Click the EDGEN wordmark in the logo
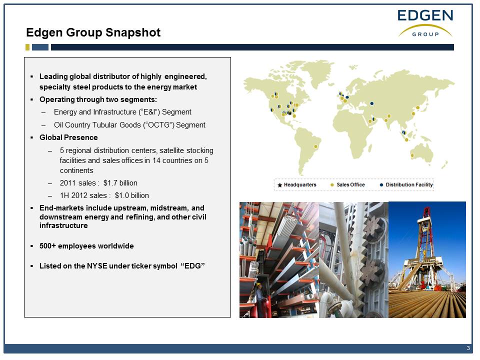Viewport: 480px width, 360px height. coord(425,15)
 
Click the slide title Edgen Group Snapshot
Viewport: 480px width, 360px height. coord(93,32)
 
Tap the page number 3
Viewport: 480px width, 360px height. coord(468,348)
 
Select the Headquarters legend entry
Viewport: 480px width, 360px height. coord(296,185)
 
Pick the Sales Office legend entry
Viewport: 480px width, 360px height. coord(348,185)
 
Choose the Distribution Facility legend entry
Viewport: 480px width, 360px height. coord(406,185)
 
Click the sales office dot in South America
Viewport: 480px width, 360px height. coord(315,146)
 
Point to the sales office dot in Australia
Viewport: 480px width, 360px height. coord(412,155)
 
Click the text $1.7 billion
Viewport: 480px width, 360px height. coord(120,183)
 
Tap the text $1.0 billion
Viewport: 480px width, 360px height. coord(132,195)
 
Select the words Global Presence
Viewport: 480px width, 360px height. coord(68,137)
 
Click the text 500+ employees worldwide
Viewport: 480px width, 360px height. coord(86,246)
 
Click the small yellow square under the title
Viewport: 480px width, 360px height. coord(27,47)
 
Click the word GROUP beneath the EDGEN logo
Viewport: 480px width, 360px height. coord(425,34)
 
